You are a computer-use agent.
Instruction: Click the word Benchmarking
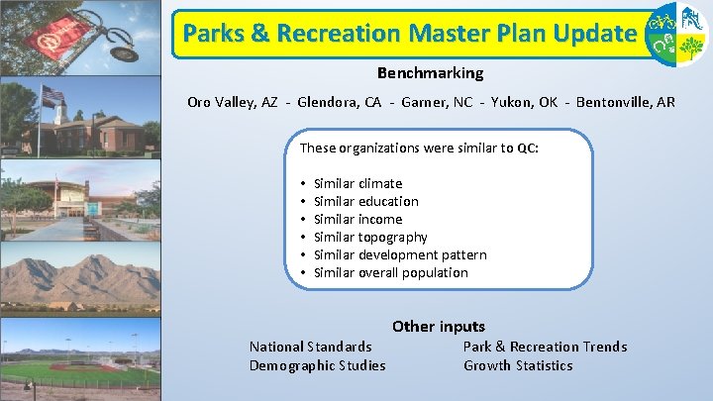[430, 73]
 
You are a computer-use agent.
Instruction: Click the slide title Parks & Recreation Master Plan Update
[407, 34]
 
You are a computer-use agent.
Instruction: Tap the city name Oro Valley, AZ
[229, 103]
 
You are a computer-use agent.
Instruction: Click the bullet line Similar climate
[357, 183]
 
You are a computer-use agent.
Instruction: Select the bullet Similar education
[365, 201]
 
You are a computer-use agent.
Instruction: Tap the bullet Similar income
[357, 219]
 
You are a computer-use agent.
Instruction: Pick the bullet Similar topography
[370, 237]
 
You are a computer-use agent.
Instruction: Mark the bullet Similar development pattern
[399, 254]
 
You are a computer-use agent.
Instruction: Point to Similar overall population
[390, 272]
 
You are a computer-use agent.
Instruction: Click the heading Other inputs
[438, 326]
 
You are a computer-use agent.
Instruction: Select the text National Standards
[310, 347]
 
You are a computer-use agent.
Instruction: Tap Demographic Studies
[317, 365]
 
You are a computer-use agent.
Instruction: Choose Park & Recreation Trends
[545, 347]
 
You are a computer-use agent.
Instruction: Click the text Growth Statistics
[518, 365]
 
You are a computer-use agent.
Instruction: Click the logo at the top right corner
[675, 34]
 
